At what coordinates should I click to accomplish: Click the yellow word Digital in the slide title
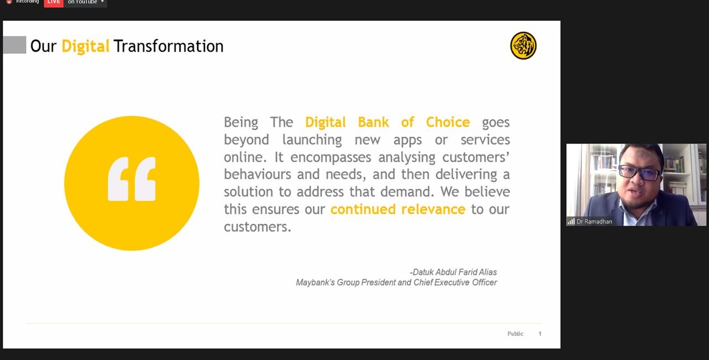[85, 47]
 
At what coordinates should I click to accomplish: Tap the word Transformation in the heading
[168, 46]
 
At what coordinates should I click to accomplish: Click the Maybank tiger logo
[523, 45]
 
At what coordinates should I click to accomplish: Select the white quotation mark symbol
[132, 179]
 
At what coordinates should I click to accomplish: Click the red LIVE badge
[54, 3]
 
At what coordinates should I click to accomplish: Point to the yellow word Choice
[448, 122]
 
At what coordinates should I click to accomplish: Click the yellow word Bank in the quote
[373, 122]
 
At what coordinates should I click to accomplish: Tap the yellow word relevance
[433, 209]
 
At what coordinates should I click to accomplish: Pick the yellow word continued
[363, 209]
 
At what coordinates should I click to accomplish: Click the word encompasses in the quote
[331, 157]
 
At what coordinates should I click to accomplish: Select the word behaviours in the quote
[258, 174]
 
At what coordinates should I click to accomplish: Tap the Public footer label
[515, 333]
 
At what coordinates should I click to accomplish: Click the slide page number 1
[540, 334]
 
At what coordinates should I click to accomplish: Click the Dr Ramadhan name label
[594, 222]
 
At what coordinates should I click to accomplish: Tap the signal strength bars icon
[571, 222]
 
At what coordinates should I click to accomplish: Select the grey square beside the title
[14, 45]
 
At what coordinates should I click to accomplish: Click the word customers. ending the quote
[258, 227]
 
